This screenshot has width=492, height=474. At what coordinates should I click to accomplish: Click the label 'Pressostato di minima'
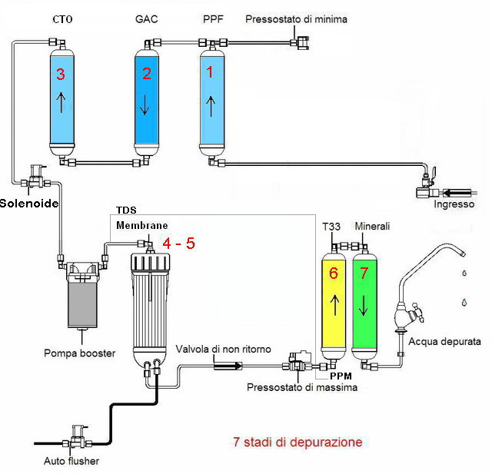pos(296,19)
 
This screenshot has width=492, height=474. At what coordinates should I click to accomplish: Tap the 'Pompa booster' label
pos(79,353)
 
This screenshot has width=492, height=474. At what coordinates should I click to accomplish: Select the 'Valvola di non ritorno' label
pos(223,350)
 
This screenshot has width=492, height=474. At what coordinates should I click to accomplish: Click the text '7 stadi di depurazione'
pos(297,443)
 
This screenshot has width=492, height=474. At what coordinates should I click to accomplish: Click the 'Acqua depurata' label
pos(445,341)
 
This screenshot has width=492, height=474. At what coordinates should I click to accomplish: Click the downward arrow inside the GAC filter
pos(144,105)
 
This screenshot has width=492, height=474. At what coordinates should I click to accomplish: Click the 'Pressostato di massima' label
pos(302,387)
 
